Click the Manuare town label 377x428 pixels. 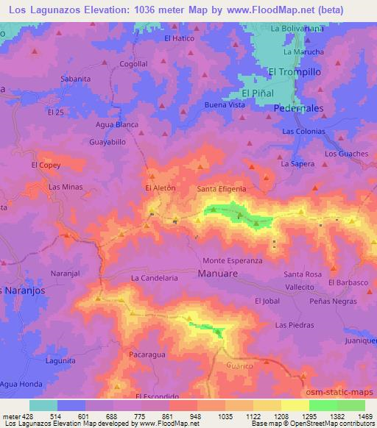pos(218,274)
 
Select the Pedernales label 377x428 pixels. pos(299,108)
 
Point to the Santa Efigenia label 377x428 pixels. pos(221,189)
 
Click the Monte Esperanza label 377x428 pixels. pos(233,261)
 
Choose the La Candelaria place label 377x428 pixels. pos(155,279)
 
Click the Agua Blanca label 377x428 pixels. pos(117,124)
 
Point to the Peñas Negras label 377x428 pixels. pos(333,302)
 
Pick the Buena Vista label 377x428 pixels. pos(225,105)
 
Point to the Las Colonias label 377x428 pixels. pos(303,131)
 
